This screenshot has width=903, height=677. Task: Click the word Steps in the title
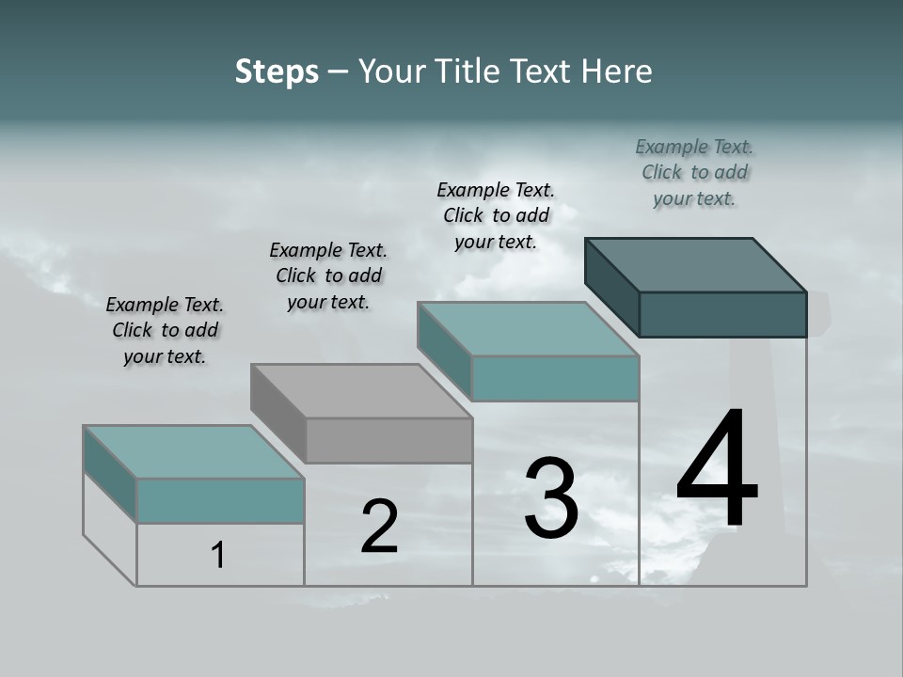pos(277,71)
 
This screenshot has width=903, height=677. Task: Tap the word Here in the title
pos(618,71)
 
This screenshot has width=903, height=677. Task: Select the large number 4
pos(717,470)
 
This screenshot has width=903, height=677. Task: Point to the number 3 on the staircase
pos(551,498)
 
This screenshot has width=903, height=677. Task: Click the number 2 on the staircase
pos(379,527)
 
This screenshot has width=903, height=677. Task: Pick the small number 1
pos(218,555)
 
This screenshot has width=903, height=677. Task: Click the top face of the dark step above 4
pos(696,264)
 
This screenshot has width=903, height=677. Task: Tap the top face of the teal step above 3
pos(529,329)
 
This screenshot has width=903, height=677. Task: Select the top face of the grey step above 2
pos(361,391)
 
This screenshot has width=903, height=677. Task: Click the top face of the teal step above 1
pos(194,451)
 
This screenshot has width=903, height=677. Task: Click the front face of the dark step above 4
pos(722,314)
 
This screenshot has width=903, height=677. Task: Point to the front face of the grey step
pos(388,440)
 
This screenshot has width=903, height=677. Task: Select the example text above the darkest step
pos(694,173)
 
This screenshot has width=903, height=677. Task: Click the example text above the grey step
pos(328,276)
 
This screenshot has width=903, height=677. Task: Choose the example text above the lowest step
pos(165,330)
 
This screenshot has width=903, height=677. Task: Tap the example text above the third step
pos(496,215)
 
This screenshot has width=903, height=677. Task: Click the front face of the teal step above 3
pos(555,378)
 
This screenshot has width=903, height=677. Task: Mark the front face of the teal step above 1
pos(220,500)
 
